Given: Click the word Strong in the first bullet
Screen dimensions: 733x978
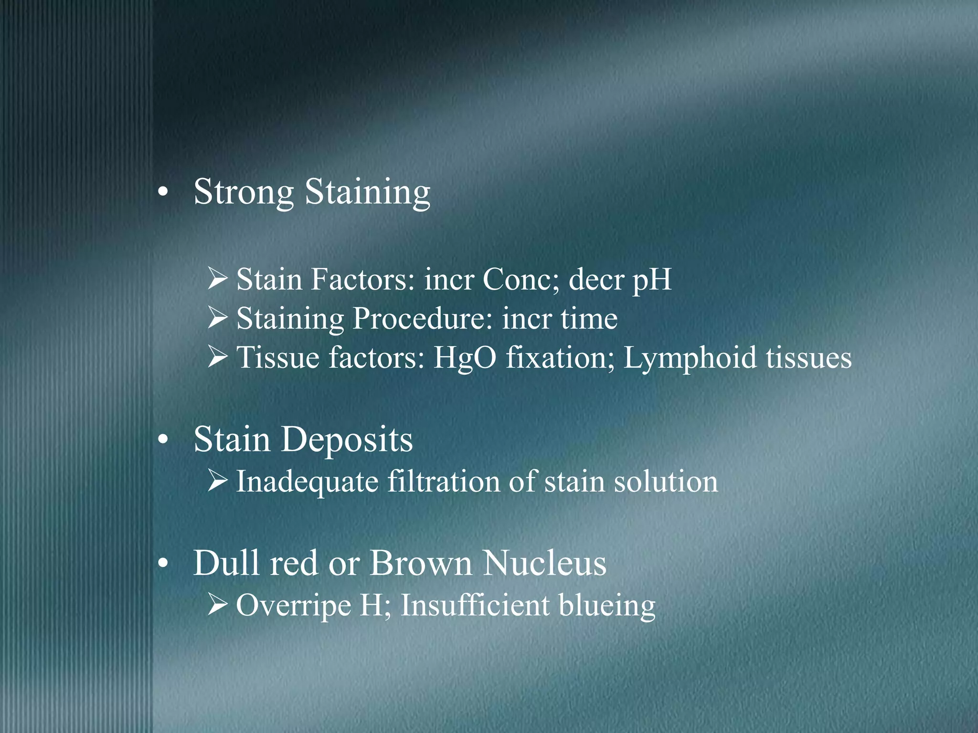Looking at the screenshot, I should (x=244, y=192).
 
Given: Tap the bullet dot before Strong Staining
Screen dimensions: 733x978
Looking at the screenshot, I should (x=163, y=193).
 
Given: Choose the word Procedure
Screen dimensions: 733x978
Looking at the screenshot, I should (x=422, y=319).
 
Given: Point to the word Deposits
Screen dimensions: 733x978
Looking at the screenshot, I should (x=347, y=440).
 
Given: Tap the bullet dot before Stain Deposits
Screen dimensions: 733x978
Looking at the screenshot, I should (x=163, y=440).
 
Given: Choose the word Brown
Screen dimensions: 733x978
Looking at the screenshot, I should (x=421, y=564).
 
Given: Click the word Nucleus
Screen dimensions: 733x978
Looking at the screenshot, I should (x=544, y=564).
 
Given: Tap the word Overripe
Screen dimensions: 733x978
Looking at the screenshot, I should (x=294, y=606).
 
